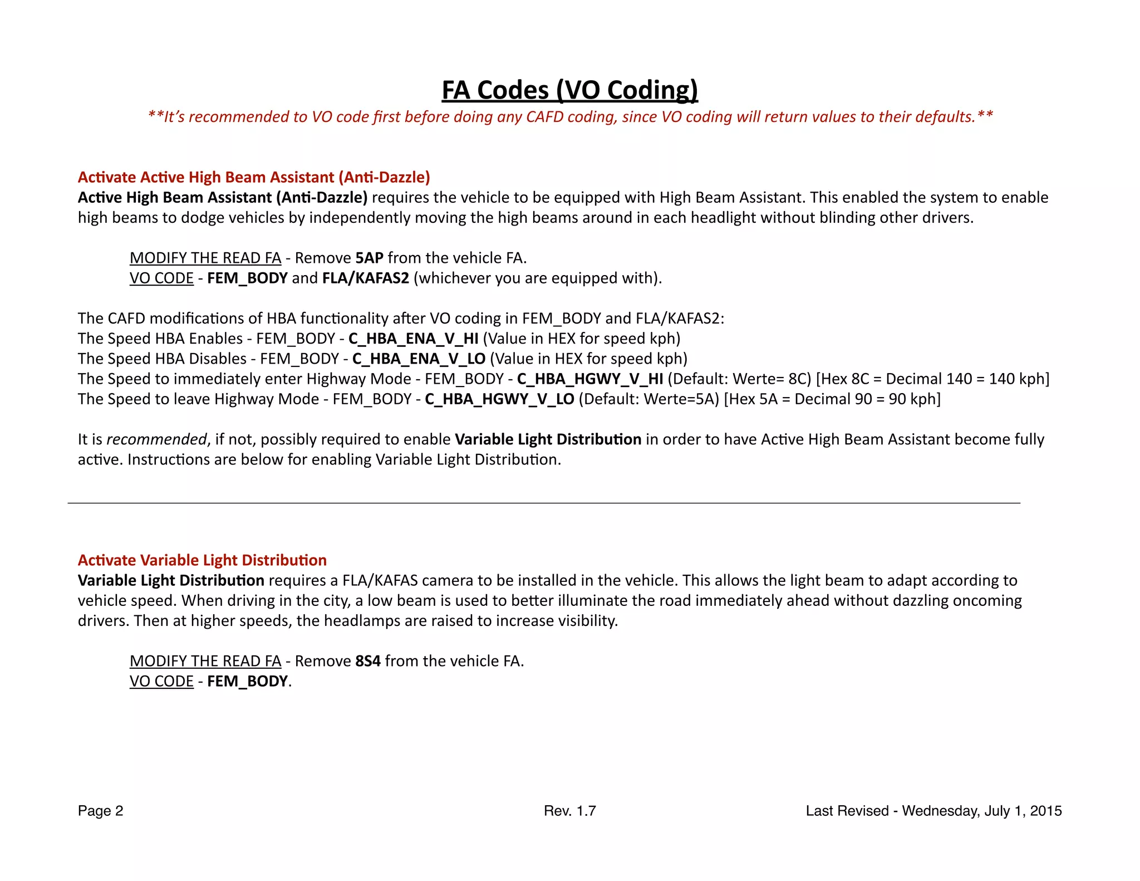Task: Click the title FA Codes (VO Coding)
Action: coord(569,90)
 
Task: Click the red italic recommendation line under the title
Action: coord(569,117)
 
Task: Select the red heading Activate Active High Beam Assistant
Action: coord(254,177)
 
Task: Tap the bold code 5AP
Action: coord(370,258)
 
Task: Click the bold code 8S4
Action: coord(368,661)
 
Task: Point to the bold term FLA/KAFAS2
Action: coord(366,278)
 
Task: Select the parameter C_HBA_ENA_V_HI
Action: coord(413,339)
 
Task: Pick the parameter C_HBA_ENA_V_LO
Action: coord(419,359)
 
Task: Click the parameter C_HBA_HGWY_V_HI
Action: coord(590,379)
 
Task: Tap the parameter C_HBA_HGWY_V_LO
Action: coord(499,399)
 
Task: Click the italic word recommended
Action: coord(156,439)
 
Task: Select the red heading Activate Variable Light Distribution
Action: coord(202,560)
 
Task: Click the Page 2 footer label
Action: coord(100,811)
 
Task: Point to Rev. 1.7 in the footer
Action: coord(569,811)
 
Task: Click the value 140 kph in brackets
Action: coord(1018,379)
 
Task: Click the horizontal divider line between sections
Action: coord(543,503)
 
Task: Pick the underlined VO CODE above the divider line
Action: coord(161,278)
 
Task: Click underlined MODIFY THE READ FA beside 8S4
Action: coord(205,661)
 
